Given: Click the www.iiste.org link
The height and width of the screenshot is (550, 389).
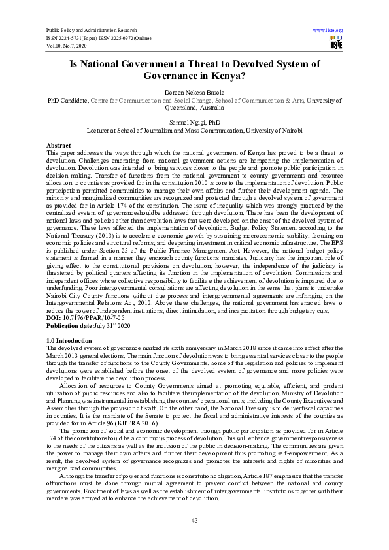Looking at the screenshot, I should point(328,31).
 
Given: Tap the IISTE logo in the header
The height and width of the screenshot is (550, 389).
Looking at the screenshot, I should point(336,43).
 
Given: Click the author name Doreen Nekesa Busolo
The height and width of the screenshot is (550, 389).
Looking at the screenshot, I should point(194,93).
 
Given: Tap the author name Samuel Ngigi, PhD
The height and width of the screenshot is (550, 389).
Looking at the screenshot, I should point(194,122).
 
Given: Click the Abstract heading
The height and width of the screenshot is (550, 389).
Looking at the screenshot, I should point(59,144).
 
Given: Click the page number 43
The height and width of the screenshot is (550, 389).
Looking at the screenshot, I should point(194,519).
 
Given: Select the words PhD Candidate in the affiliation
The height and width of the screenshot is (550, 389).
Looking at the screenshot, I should point(67,101).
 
